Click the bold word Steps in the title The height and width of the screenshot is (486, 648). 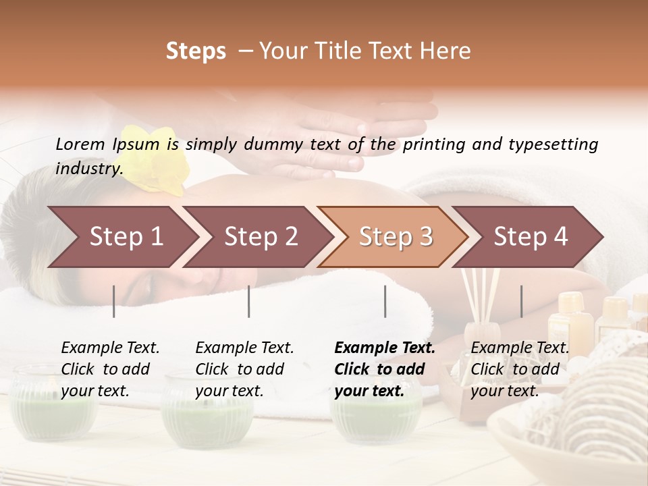tap(196, 51)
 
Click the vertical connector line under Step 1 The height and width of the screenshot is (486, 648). tap(114, 301)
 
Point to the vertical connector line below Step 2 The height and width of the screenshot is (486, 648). tap(249, 301)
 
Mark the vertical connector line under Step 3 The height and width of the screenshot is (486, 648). tap(385, 301)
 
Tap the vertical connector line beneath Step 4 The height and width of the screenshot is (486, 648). tap(522, 301)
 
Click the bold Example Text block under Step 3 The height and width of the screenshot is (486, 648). tap(385, 369)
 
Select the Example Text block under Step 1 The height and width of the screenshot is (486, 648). tap(110, 369)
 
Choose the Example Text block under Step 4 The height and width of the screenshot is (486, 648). tap(520, 369)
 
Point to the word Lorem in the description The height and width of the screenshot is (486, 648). tap(80, 144)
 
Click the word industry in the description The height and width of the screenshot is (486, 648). tap(88, 169)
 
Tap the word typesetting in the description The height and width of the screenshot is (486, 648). tap(549, 144)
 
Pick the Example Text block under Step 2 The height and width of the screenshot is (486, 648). tap(244, 369)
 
